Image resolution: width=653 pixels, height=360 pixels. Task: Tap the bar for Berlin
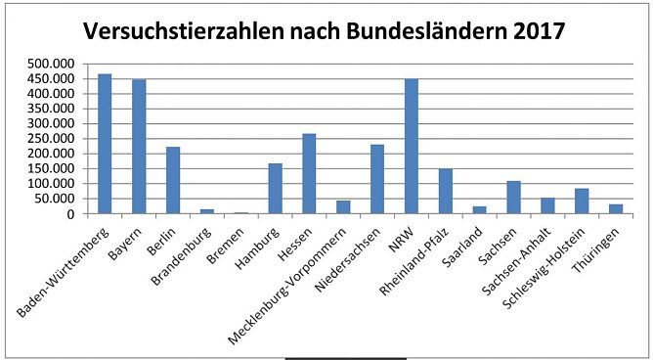(173, 180)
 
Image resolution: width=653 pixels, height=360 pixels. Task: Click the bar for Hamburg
(275, 188)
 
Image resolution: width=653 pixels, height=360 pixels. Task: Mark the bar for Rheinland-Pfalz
(446, 191)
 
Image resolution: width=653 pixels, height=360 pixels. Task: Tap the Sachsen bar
(514, 197)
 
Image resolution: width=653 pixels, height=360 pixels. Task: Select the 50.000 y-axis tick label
(56, 199)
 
